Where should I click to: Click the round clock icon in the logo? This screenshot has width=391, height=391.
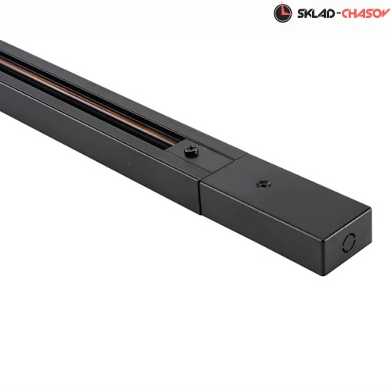pyautogui.click(x=283, y=13)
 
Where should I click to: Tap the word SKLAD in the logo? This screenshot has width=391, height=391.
pyautogui.click(x=316, y=13)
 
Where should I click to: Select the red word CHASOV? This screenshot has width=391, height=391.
pyautogui.click(x=366, y=13)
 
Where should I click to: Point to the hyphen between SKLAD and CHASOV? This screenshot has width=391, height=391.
pyautogui.click(x=338, y=14)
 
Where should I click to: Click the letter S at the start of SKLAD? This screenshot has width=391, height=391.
pyautogui.click(x=301, y=13)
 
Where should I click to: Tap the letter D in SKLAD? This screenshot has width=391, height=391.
pyautogui.click(x=330, y=13)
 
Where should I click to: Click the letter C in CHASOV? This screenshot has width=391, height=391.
pyautogui.click(x=346, y=13)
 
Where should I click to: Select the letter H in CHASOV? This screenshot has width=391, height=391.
pyautogui.click(x=353, y=13)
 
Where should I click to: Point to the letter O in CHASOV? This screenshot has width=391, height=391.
pyautogui.click(x=378, y=13)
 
